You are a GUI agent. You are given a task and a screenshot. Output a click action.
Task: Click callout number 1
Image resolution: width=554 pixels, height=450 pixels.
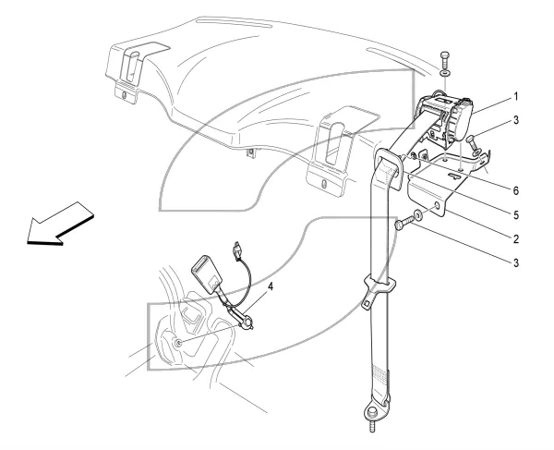coord(516,96)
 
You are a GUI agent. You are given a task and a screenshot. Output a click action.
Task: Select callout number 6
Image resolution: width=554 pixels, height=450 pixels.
coord(516,191)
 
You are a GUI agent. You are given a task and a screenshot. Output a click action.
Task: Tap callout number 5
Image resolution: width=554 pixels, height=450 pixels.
coord(516,215)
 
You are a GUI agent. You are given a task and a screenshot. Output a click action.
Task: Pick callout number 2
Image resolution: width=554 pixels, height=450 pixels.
coord(516,239)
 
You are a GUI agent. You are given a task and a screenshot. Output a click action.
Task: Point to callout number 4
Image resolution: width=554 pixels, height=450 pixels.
coord(271,286)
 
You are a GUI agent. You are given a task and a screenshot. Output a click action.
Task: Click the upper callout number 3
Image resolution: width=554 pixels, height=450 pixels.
coord(516,120)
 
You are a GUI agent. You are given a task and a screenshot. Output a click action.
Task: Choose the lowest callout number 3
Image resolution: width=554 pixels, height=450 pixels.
coord(516,263)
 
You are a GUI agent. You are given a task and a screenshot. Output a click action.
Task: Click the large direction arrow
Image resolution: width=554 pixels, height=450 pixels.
coord(60,224)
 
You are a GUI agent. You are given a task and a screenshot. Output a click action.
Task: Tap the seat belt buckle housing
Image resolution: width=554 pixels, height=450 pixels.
coord(207,274)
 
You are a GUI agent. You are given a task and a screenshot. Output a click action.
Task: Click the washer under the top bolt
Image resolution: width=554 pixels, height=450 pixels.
coord(445,74)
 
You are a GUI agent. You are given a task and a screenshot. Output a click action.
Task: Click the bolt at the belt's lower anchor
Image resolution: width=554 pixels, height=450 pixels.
coord(371,418)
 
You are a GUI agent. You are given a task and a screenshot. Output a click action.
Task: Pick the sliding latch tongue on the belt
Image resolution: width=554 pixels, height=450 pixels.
coord(378,291)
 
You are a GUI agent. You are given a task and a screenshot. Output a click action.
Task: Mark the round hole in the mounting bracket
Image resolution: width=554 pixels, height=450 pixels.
coord(437,206)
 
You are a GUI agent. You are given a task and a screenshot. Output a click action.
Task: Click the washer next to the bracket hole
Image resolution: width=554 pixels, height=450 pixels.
coord(418,215)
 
